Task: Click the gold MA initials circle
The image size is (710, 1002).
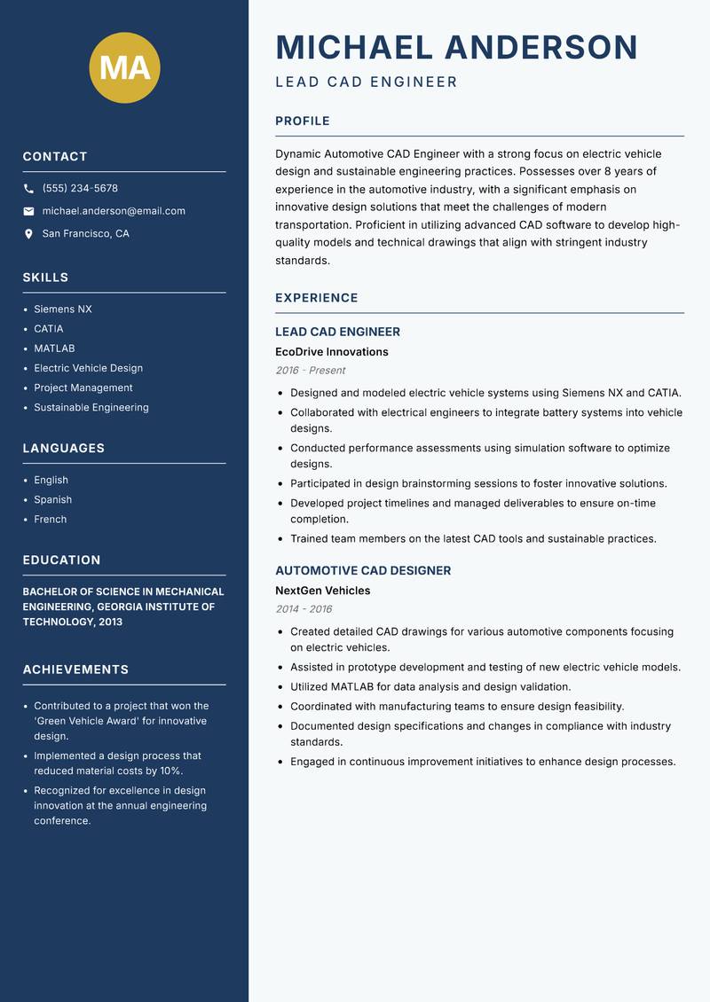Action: (125, 67)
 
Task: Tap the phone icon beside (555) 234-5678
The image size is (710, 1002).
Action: (28, 189)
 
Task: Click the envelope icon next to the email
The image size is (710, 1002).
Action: (28, 211)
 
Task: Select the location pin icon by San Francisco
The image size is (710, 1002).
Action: (28, 234)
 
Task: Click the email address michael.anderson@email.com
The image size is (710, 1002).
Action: (114, 211)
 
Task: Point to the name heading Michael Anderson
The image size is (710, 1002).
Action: (456, 47)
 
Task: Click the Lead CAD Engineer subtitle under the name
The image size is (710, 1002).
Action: (366, 82)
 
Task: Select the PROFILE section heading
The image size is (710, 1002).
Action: (302, 121)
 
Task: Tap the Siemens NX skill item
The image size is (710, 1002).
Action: (63, 309)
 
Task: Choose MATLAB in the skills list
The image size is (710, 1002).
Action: (54, 348)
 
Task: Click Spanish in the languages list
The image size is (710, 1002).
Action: (52, 500)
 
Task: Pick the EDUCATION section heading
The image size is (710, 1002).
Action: (61, 560)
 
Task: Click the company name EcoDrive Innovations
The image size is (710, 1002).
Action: (331, 352)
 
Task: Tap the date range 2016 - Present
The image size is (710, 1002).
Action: (310, 371)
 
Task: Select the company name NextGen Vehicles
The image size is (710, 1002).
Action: (322, 591)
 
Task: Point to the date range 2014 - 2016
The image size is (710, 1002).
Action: (304, 609)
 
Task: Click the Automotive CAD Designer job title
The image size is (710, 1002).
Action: (362, 571)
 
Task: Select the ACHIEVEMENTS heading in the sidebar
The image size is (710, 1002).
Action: (75, 669)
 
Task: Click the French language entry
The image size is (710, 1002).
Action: (50, 520)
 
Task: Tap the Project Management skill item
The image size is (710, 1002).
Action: (83, 387)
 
